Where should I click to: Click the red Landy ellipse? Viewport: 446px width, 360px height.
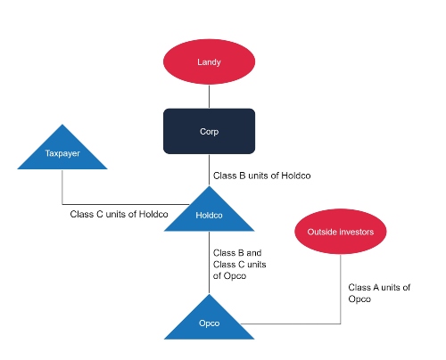click(x=209, y=62)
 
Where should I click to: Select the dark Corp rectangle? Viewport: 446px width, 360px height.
click(x=209, y=131)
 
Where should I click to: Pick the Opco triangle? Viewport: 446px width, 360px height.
click(x=209, y=322)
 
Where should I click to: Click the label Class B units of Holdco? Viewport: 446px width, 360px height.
click(x=263, y=176)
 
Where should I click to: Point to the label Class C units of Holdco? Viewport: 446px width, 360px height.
click(x=119, y=214)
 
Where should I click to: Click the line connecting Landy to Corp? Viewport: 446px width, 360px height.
click(x=209, y=96)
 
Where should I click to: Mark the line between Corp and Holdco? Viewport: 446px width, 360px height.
click(x=209, y=168)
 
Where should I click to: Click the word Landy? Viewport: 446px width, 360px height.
click(x=209, y=62)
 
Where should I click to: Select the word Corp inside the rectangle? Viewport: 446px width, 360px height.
click(x=209, y=131)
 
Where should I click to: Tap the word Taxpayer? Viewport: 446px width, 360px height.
click(x=62, y=154)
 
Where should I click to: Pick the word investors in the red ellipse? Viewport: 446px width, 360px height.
click(x=353, y=233)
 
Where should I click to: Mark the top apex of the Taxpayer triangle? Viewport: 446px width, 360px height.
click(x=62, y=126)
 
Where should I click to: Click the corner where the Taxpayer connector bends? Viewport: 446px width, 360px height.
click(x=62, y=203)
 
